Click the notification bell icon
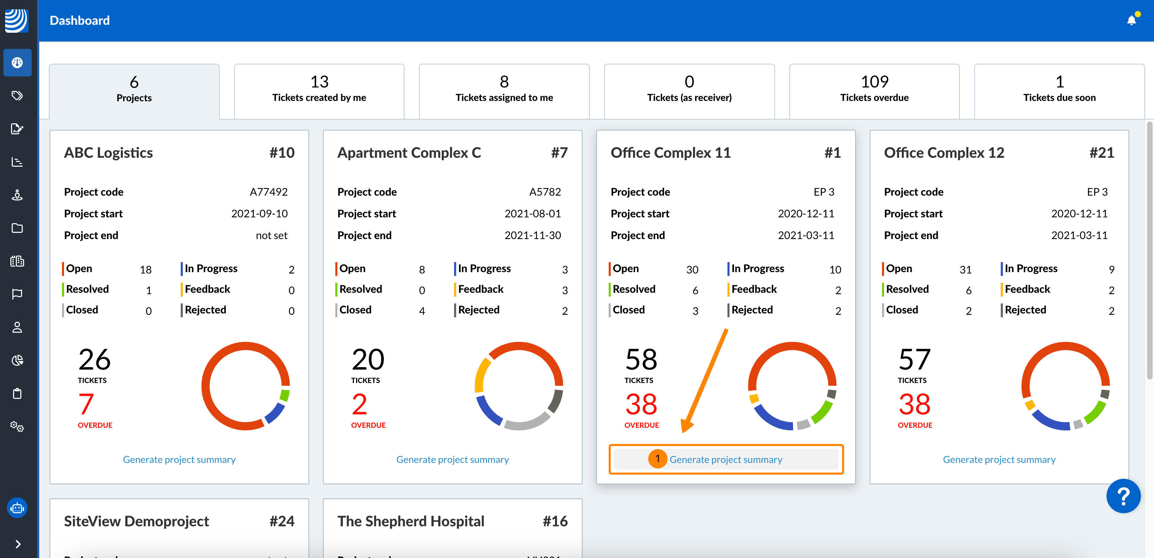1131,20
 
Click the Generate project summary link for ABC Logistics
179,459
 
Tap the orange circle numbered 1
657,458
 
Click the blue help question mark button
1123,496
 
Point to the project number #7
559,153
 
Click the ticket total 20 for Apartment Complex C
368,360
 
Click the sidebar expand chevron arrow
18,544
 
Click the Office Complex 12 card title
944,153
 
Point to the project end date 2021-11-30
533,235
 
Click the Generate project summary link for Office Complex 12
999,459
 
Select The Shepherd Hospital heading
411,521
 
